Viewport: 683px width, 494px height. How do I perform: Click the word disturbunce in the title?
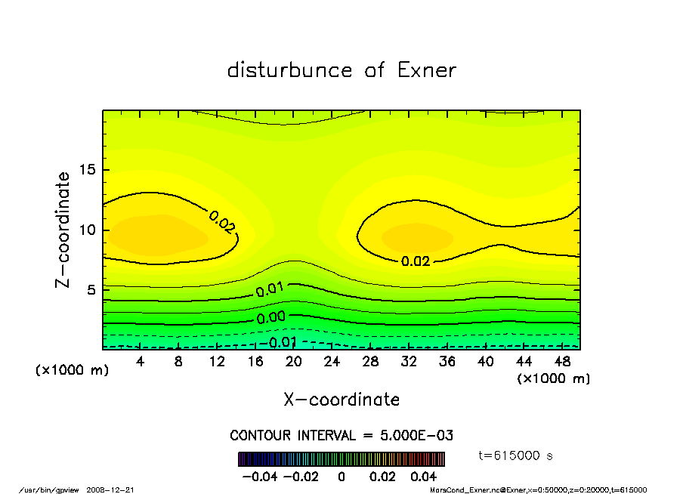(x=290, y=70)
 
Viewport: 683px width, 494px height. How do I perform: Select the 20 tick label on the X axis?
(x=294, y=362)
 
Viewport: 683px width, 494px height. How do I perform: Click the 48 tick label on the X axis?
(x=563, y=362)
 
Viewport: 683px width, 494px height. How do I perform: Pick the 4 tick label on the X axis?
(x=141, y=362)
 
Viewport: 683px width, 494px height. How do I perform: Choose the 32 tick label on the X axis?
(x=409, y=362)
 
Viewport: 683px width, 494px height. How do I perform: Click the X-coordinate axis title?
(x=341, y=400)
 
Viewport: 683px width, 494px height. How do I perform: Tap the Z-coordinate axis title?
(x=63, y=229)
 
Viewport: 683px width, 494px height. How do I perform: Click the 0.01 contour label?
(x=270, y=290)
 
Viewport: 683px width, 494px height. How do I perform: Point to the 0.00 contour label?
(x=270, y=318)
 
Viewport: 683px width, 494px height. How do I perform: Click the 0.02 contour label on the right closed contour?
(x=416, y=261)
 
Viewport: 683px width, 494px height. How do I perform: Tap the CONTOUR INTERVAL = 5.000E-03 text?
(x=341, y=436)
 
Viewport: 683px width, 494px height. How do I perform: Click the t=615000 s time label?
(x=517, y=455)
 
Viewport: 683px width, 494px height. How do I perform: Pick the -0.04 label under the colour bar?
(x=258, y=477)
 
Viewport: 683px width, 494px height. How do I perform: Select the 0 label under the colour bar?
(x=341, y=477)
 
